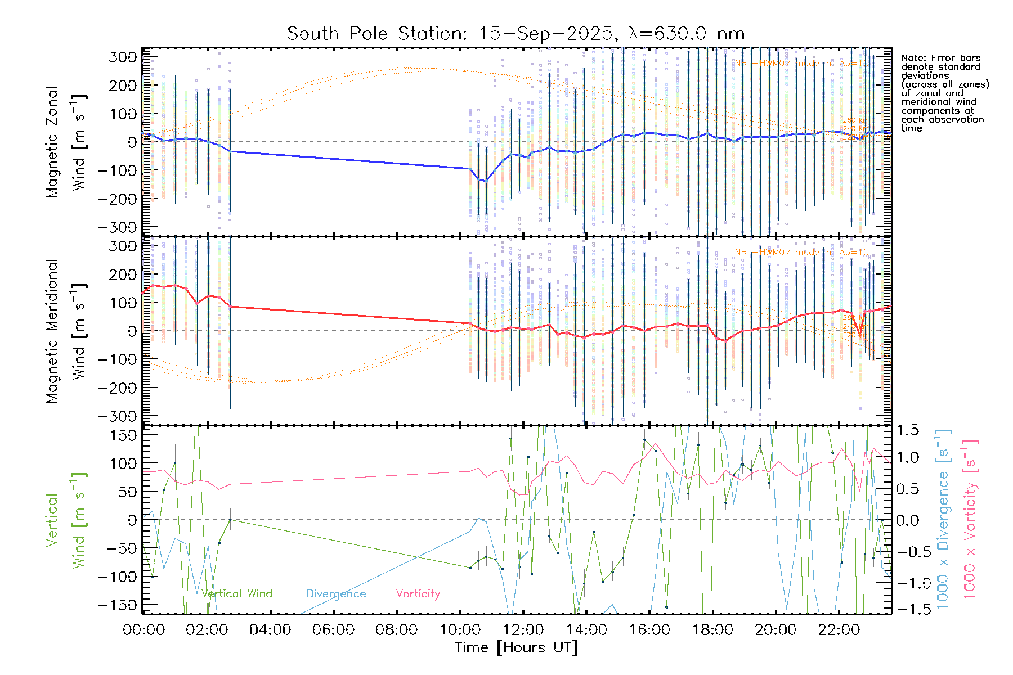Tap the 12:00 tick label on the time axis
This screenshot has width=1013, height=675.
[x=523, y=630]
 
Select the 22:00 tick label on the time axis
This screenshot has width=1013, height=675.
[x=839, y=630]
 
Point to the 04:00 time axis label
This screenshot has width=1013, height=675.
[x=270, y=630]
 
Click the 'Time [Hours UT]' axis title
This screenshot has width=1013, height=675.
[x=516, y=647]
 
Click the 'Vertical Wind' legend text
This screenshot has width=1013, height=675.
[x=237, y=594]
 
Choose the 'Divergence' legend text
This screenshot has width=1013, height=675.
[x=336, y=594]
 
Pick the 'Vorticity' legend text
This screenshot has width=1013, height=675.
[x=418, y=594]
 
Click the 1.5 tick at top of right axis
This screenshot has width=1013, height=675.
[x=907, y=431]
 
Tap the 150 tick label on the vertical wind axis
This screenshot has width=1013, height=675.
[x=124, y=435]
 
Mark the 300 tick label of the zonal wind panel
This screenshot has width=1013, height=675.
[x=124, y=57]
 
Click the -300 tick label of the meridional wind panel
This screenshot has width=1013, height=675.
[x=117, y=416]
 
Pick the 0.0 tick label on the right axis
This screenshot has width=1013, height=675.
[x=907, y=520]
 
